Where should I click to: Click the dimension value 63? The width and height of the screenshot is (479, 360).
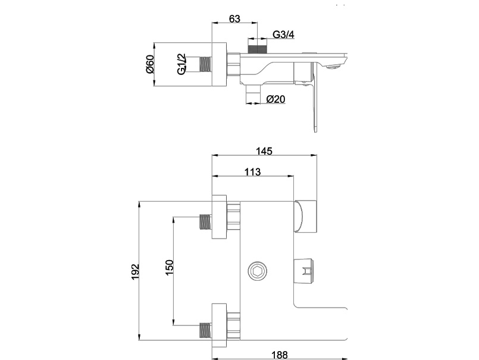[x=234, y=19]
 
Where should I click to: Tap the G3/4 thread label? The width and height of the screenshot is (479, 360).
[x=283, y=35]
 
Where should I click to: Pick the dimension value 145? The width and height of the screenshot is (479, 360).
[x=265, y=152]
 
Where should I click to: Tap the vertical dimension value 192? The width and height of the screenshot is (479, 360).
[x=135, y=271]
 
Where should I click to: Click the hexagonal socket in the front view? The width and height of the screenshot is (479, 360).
[x=258, y=271]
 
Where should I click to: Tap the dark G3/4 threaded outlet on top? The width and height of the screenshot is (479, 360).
[x=256, y=47]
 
